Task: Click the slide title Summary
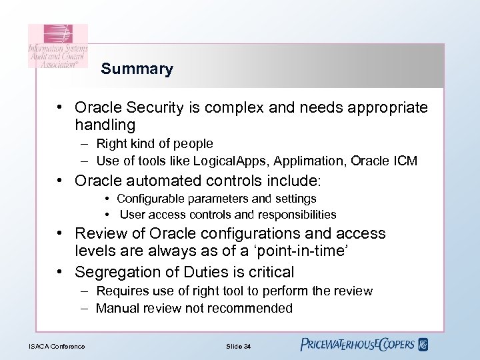137,69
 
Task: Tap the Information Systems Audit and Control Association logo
57,46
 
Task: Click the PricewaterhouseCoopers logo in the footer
364,345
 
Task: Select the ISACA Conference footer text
57,346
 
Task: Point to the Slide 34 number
238,346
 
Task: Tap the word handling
105,125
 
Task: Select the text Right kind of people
155,143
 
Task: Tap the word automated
157,181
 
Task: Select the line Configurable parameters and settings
217,199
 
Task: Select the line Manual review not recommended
194,308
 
